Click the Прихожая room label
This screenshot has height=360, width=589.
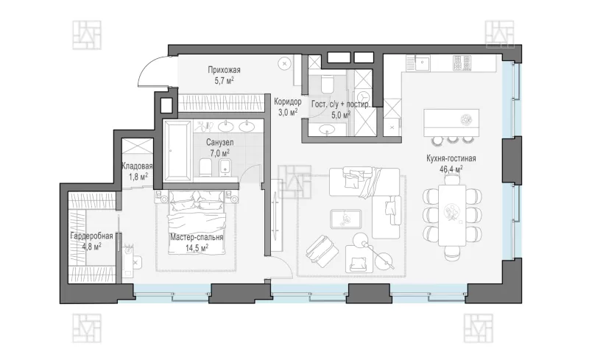point(224,70)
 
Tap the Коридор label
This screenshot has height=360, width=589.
point(287,102)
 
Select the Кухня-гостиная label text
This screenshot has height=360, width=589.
point(451,158)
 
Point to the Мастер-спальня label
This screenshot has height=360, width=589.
point(197,238)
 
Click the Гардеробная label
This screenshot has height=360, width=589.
point(91,236)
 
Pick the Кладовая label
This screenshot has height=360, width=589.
point(137,166)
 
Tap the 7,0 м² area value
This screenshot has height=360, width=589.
point(219,153)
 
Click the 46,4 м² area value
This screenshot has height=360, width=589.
point(451,169)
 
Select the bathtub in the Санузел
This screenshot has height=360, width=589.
point(178,151)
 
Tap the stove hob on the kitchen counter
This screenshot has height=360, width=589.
point(462,63)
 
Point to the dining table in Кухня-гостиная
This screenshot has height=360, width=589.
point(452,215)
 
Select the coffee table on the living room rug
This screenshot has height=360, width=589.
point(345,219)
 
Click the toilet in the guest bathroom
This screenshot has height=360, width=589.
point(327,83)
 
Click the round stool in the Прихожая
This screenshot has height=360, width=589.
point(284,63)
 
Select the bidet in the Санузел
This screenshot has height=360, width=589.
point(225,167)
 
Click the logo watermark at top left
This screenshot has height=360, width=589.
point(87,35)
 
